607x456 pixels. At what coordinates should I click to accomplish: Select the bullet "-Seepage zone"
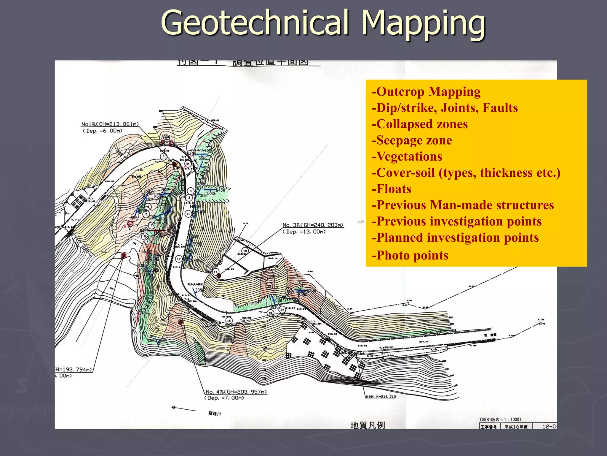click(x=412, y=140)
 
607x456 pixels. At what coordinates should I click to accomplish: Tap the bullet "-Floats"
click(x=392, y=189)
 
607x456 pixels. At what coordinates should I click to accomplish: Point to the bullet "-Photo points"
click(x=410, y=255)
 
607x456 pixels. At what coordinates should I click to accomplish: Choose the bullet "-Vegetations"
click(x=407, y=156)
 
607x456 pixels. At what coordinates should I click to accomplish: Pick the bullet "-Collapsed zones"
click(x=420, y=124)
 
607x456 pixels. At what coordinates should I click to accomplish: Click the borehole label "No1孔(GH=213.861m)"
click(x=110, y=124)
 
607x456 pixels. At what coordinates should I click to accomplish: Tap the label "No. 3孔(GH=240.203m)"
click(x=313, y=225)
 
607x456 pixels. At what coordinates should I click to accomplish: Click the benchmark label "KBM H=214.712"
click(x=381, y=397)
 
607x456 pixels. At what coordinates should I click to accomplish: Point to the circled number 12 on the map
click(x=179, y=259)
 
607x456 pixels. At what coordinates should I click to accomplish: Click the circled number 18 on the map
click(x=245, y=251)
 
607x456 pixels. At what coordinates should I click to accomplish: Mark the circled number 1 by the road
click(x=164, y=156)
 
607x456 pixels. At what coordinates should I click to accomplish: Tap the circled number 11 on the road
click(x=188, y=214)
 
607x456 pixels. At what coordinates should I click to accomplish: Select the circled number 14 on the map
click(x=282, y=310)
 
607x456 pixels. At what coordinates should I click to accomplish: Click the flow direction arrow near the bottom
click(x=183, y=408)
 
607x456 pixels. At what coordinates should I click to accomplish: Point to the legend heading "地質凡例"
click(x=368, y=425)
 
